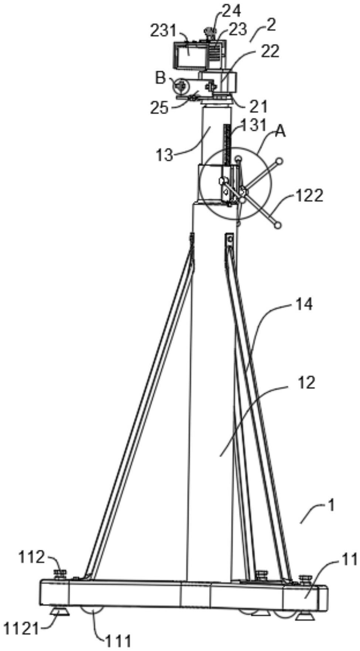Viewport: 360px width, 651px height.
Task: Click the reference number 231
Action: (x=163, y=31)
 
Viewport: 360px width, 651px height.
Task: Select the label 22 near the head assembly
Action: (x=270, y=52)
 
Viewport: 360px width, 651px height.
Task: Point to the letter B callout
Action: (x=160, y=78)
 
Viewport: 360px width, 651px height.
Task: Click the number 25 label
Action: (x=159, y=108)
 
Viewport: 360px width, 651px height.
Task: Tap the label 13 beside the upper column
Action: (x=164, y=155)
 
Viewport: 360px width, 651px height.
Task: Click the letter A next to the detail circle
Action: (x=281, y=132)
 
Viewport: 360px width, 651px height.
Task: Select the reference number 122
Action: (x=309, y=195)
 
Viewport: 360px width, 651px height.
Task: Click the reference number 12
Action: (x=306, y=383)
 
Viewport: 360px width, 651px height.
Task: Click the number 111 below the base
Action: (x=118, y=641)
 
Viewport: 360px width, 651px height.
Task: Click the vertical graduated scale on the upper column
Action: (x=227, y=144)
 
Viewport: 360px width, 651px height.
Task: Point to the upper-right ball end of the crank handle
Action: (x=280, y=161)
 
